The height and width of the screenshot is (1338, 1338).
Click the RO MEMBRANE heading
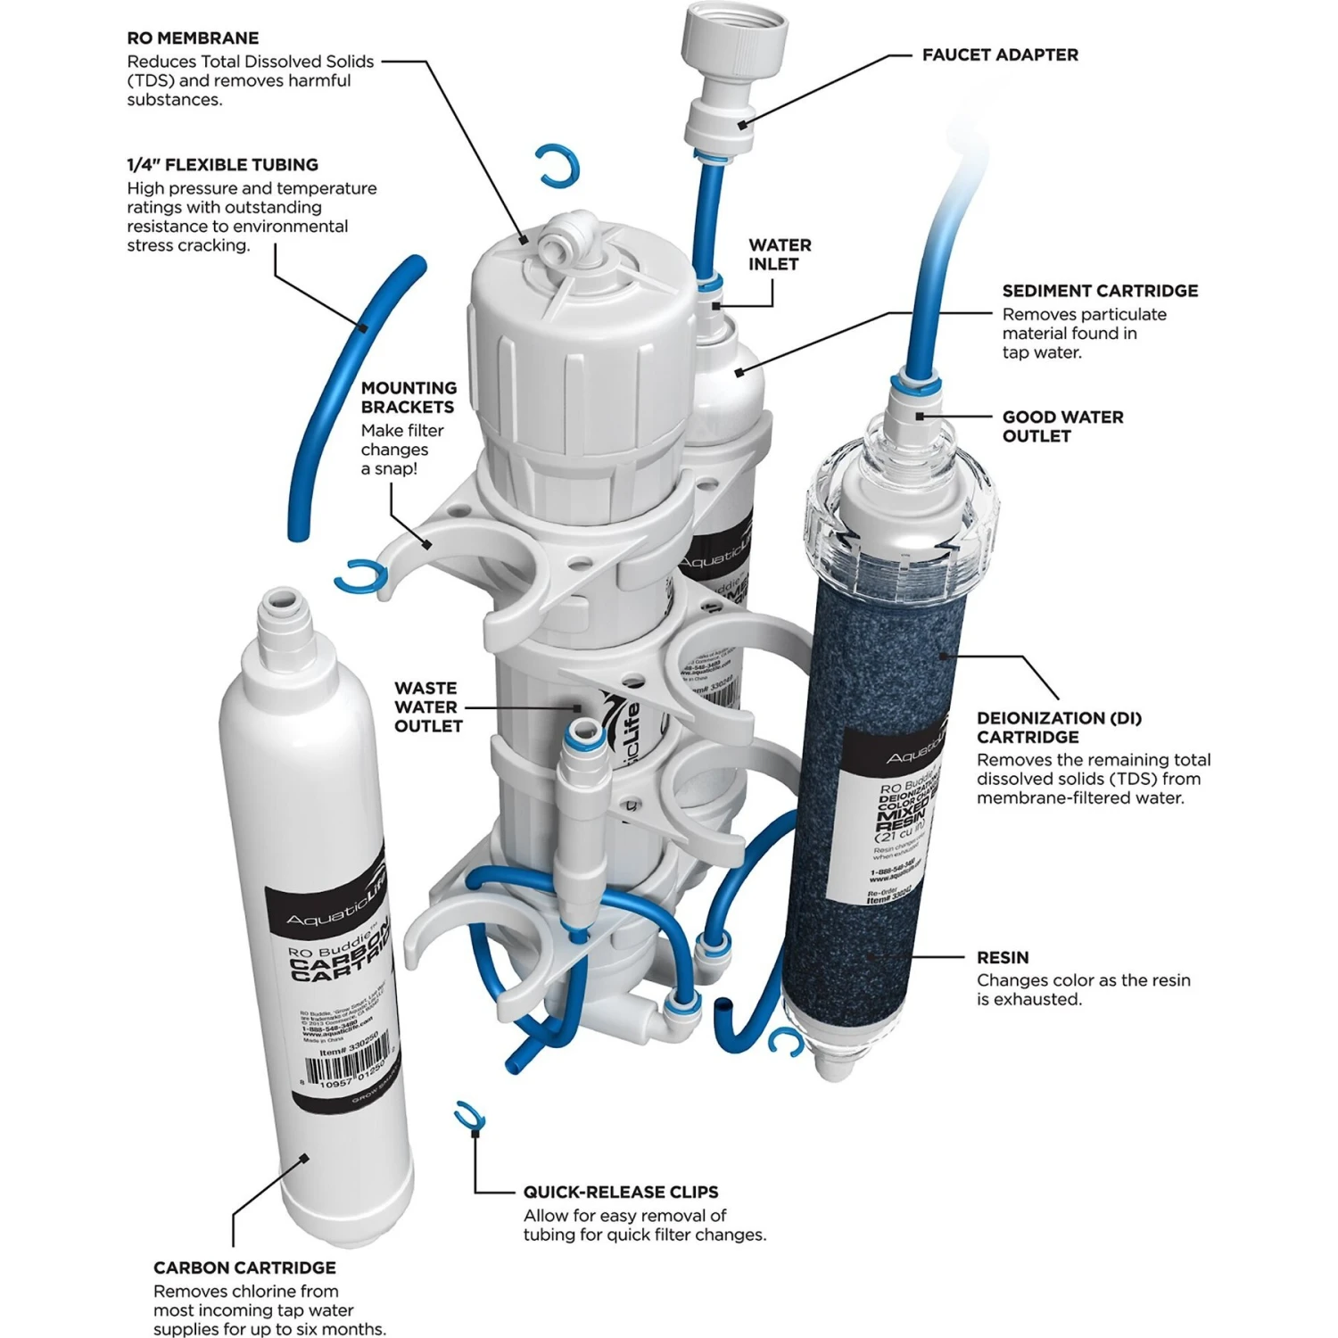coord(193,38)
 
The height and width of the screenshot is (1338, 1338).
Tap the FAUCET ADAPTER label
coord(1000,55)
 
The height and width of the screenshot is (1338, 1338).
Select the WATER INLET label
coord(779,254)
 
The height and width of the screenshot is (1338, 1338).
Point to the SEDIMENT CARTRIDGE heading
coord(1100,291)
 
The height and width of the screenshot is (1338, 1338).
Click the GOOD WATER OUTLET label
coord(1062,426)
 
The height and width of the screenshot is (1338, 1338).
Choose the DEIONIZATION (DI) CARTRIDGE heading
coord(1059,727)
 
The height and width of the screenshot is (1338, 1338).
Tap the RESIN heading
coord(1003,957)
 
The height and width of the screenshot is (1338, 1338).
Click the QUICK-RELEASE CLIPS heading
coord(621,1192)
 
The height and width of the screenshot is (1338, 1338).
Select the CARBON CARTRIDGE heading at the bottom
coord(244,1268)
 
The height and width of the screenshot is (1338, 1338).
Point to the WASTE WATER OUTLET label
coord(428,707)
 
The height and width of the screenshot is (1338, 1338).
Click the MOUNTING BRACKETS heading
coord(409,397)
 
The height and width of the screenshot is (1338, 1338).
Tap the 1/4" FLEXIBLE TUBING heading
coord(222,165)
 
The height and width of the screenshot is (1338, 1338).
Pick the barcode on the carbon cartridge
coord(348,1068)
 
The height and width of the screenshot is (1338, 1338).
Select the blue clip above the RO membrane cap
coord(557,166)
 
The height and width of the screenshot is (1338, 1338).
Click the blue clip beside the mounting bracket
coord(361,576)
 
